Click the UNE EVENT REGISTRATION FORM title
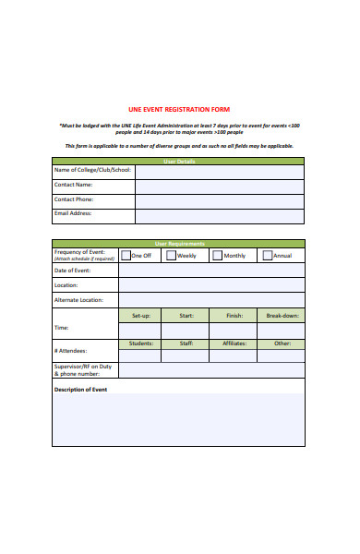(x=179, y=109)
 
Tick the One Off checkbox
(x=125, y=256)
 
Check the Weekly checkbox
(x=171, y=256)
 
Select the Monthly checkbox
(x=218, y=256)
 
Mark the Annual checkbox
(x=268, y=256)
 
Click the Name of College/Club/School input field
(x=219, y=172)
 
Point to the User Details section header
(x=179, y=161)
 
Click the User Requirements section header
(x=179, y=244)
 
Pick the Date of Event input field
(x=210, y=271)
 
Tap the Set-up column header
(x=141, y=316)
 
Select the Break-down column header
(x=282, y=316)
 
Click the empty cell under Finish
(x=234, y=331)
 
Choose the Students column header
(x=141, y=343)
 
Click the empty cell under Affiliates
(x=234, y=355)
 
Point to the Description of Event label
(x=81, y=390)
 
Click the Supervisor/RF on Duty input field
(x=210, y=370)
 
